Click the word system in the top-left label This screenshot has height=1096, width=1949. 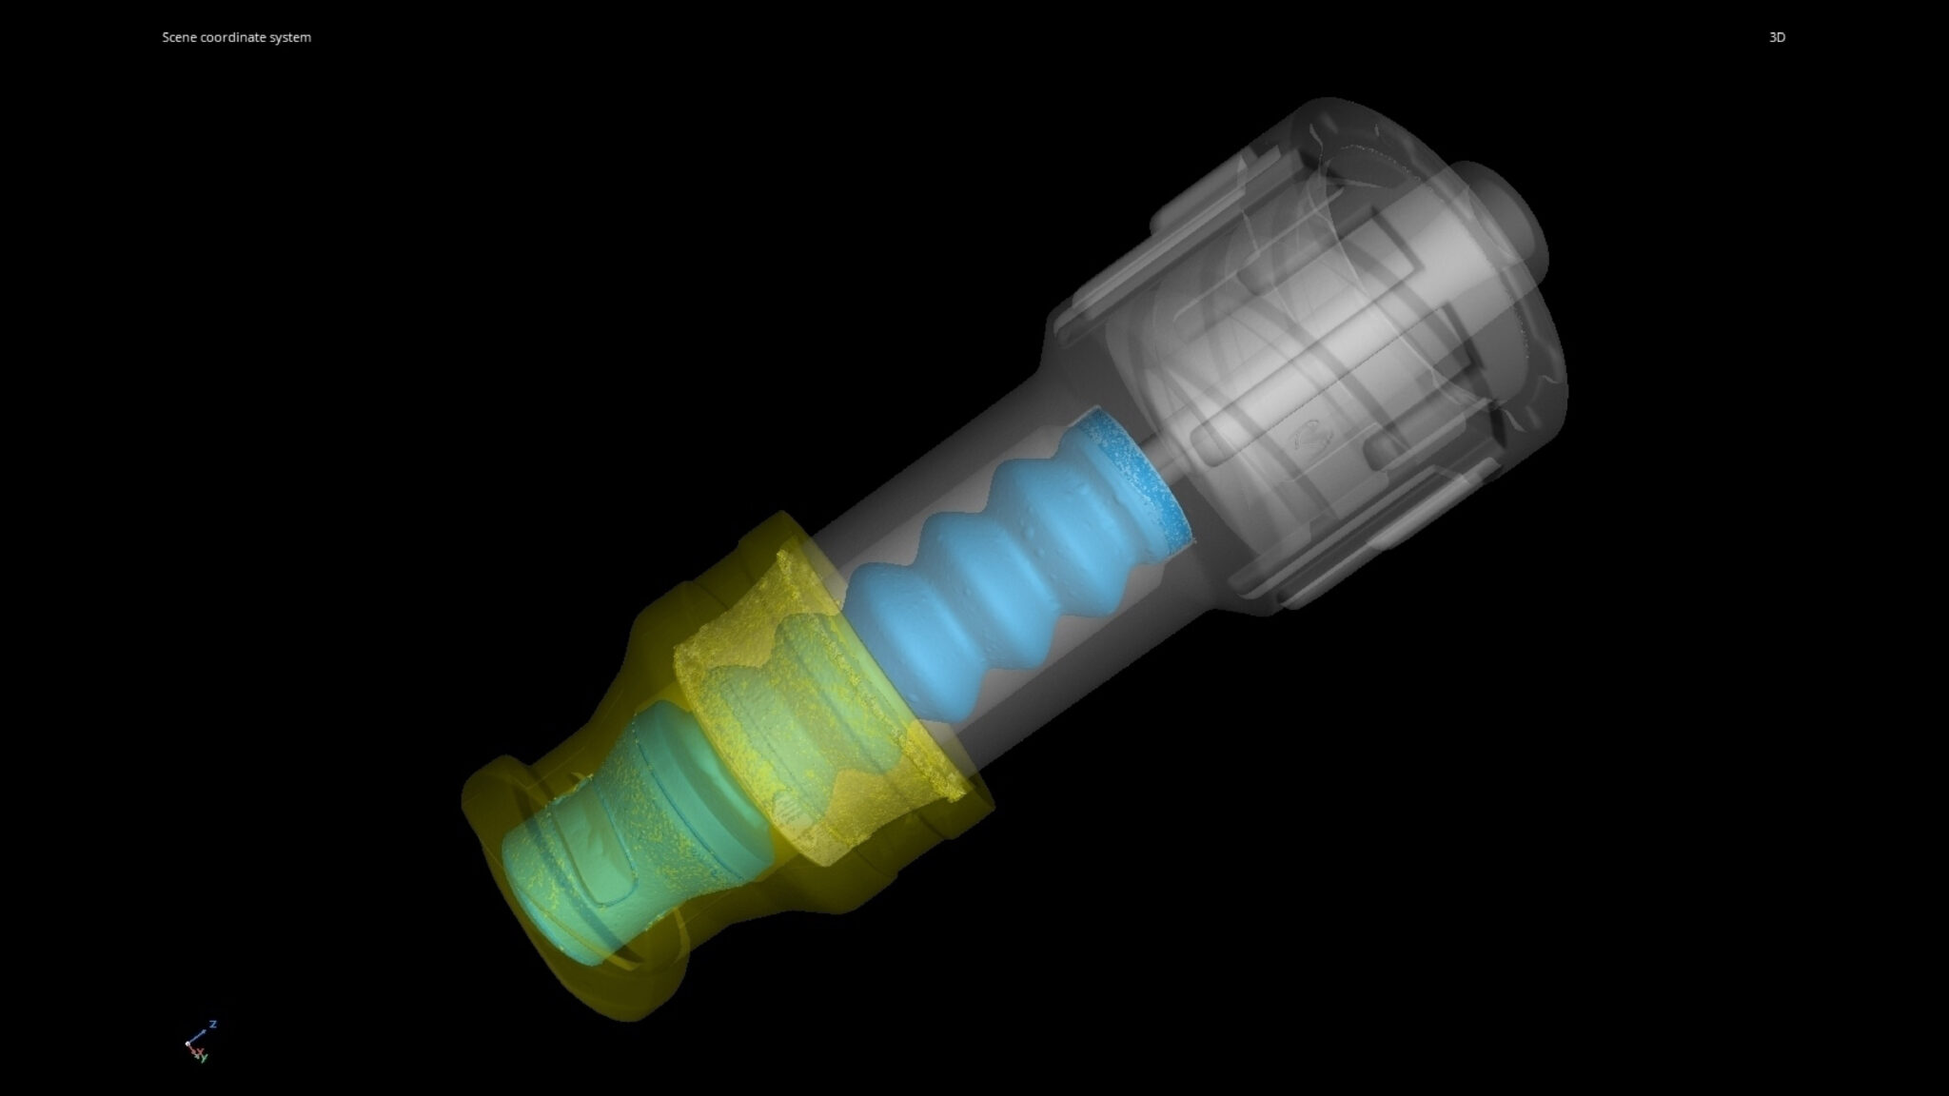pyautogui.click(x=290, y=37)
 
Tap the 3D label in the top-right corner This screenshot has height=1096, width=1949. pyautogui.click(x=1777, y=37)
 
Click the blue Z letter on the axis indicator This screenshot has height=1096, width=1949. pyautogui.click(x=213, y=1024)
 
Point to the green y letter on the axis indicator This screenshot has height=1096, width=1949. pyautogui.click(x=205, y=1058)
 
